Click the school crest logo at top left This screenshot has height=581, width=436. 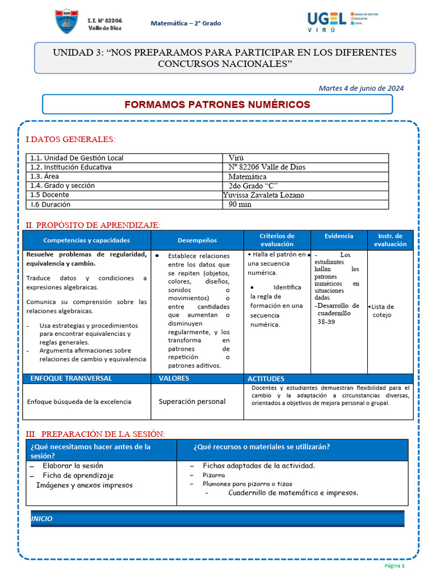(x=67, y=22)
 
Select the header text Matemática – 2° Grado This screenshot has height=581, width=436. (x=186, y=23)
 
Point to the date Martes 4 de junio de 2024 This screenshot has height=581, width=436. (x=361, y=88)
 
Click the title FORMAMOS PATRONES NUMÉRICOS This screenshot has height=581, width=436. (x=217, y=104)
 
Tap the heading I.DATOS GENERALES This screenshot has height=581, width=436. (x=70, y=139)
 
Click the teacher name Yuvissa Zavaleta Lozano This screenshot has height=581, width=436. (x=263, y=195)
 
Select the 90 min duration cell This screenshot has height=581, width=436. (x=240, y=204)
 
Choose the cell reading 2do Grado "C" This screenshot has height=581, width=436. (x=253, y=186)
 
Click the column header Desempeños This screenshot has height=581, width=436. (x=197, y=240)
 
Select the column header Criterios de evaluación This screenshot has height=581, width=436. (x=277, y=239)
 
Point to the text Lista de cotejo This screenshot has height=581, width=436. (x=383, y=310)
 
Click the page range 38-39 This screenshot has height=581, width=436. (x=326, y=321)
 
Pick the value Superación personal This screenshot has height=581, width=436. (x=192, y=401)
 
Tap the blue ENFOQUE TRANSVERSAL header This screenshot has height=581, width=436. (x=71, y=378)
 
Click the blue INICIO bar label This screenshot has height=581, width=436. (x=41, y=519)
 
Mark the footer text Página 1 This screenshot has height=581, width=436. (x=395, y=566)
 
